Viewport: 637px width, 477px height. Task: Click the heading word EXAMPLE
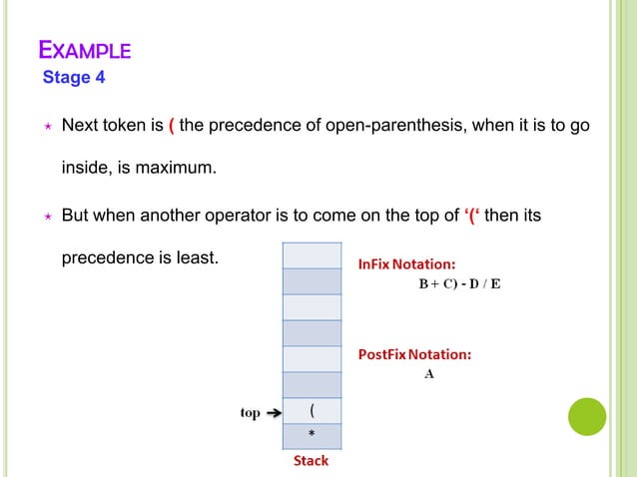click(x=84, y=50)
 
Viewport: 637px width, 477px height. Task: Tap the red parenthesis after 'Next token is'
click(x=172, y=128)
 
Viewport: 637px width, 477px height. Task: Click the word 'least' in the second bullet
click(x=194, y=257)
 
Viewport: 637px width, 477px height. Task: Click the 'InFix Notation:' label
click(x=407, y=263)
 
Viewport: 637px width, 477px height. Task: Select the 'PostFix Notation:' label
click(x=415, y=354)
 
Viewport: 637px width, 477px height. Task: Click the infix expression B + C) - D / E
click(x=458, y=284)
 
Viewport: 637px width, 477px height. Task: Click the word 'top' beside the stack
click(x=250, y=413)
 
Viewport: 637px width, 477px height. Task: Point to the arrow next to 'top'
click(x=274, y=413)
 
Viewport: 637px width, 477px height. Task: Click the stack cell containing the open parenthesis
click(x=314, y=410)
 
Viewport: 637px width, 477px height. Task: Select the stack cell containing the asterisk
click(x=314, y=436)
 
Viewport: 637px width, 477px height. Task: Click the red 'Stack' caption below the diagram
click(x=311, y=461)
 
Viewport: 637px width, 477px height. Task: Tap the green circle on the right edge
click(x=587, y=416)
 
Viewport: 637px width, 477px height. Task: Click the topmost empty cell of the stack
click(x=314, y=254)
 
